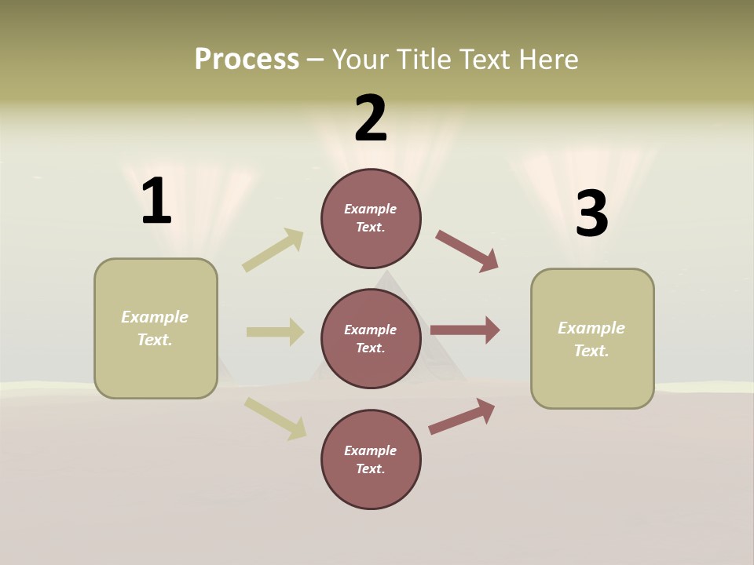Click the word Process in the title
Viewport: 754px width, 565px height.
(247, 60)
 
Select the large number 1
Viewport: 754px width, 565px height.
(156, 202)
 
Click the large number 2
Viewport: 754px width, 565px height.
(371, 118)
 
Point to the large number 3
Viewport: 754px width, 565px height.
(591, 213)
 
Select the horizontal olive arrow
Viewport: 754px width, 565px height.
(275, 332)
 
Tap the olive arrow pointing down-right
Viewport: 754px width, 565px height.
(276, 418)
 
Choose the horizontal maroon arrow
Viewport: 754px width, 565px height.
(465, 330)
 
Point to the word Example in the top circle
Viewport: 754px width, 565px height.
(370, 209)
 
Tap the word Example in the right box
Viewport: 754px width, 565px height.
(591, 328)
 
